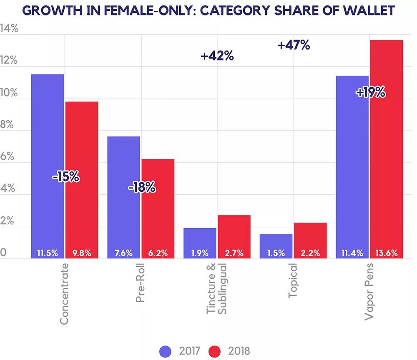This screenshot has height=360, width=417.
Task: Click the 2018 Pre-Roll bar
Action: (x=158, y=204)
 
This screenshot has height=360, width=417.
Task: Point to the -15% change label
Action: (x=65, y=177)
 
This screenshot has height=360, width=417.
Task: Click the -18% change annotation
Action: (x=142, y=188)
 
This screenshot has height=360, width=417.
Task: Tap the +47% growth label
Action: (x=294, y=45)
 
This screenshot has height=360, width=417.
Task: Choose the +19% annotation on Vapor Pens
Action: (x=370, y=92)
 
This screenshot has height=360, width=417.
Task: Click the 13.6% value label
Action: (x=387, y=253)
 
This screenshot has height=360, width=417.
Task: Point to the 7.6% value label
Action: (x=123, y=253)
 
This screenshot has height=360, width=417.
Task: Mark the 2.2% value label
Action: (x=310, y=253)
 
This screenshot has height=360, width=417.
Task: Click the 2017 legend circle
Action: (x=166, y=351)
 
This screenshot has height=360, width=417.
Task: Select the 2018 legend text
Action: (x=239, y=351)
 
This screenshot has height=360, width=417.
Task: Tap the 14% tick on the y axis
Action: (x=9, y=28)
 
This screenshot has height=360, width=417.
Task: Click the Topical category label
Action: (x=293, y=280)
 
